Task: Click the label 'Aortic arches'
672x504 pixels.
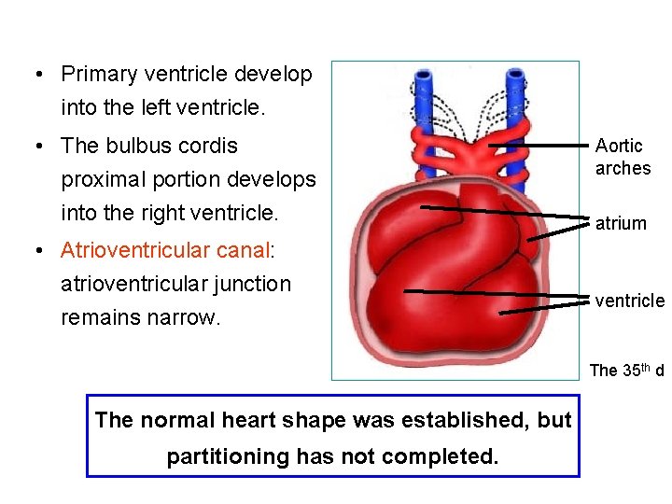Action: pyautogui.click(x=623, y=157)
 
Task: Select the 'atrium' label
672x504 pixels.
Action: pyautogui.click(x=621, y=223)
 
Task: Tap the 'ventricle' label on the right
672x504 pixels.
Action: pyautogui.click(x=630, y=301)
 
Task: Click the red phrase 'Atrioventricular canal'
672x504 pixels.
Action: pyautogui.click(x=163, y=250)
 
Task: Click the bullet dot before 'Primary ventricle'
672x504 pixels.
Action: pyautogui.click(x=35, y=75)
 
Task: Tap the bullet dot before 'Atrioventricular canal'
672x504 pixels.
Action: pyautogui.click(x=35, y=251)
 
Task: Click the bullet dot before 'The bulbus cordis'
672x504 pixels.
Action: pyautogui.click(x=35, y=147)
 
